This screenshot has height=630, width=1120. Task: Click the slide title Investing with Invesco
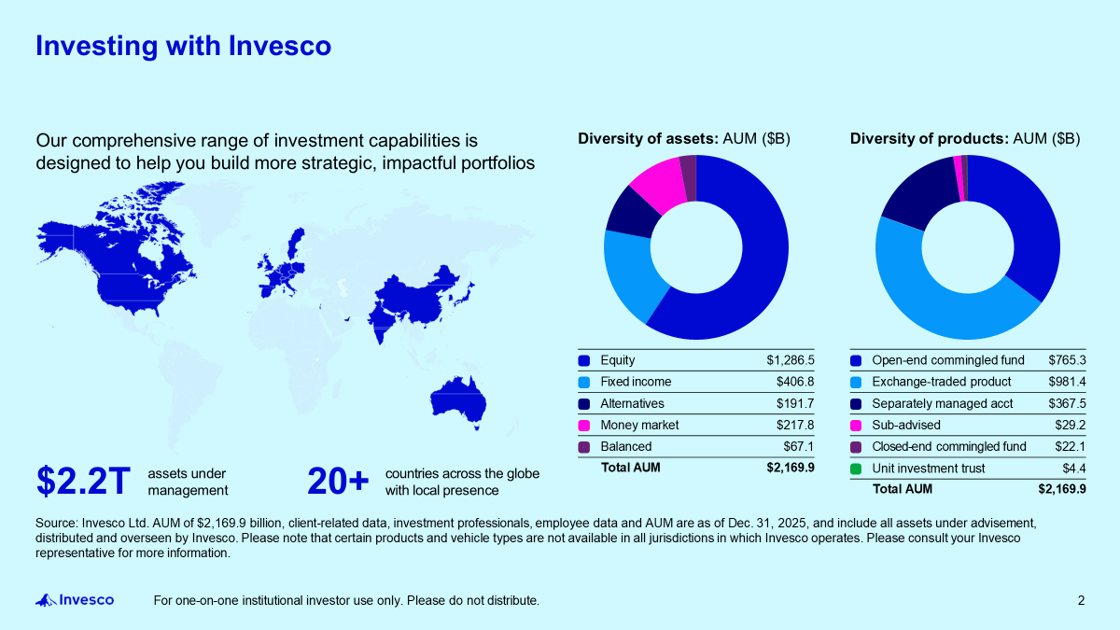183,46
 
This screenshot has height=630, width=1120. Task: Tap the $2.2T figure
83,482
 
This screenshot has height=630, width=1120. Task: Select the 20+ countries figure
338,482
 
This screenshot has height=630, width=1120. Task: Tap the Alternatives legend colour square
584,404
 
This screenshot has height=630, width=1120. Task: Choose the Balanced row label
625,446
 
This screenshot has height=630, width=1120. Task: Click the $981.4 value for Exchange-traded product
1067,382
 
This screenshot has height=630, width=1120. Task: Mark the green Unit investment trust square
856,469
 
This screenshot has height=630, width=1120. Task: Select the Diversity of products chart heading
965,139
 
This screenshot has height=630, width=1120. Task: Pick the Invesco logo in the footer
75,600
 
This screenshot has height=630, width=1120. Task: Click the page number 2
1081,600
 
